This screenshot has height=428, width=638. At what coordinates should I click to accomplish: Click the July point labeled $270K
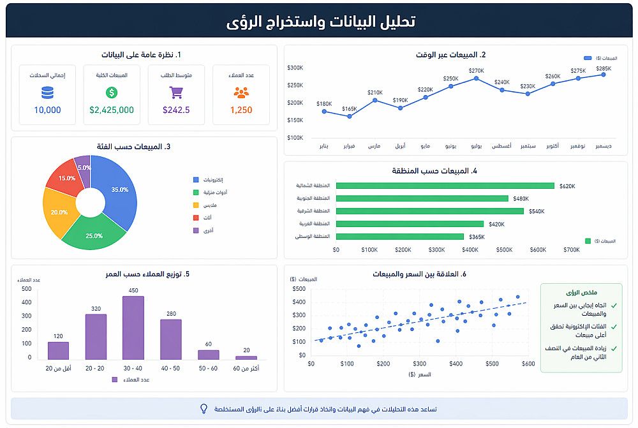coord(477,78)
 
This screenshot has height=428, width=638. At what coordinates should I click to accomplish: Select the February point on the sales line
coord(349,116)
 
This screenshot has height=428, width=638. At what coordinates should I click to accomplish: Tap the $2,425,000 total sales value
coord(112,110)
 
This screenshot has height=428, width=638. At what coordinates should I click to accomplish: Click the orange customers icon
coord(241,92)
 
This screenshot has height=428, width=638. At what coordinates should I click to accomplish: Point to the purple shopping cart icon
coord(176,92)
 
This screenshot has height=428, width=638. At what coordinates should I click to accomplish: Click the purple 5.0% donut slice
coord(83,165)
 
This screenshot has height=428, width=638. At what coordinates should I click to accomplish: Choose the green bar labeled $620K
coord(445,186)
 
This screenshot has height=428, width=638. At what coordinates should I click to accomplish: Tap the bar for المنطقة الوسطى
coord(399,237)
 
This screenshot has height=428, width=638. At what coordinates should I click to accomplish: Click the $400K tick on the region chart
coord(470,250)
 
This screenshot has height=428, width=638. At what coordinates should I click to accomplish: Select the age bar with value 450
coord(133,328)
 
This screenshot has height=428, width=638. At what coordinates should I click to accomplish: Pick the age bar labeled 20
coord(246,358)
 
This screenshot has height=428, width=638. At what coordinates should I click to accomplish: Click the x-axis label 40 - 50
coord(171,368)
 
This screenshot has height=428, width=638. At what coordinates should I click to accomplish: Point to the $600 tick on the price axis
coord(528,364)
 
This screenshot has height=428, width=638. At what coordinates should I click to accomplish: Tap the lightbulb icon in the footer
coord(204,408)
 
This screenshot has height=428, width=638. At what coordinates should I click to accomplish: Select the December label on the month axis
coord(603,146)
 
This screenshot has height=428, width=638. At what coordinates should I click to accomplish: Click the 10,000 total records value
coord(47,110)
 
